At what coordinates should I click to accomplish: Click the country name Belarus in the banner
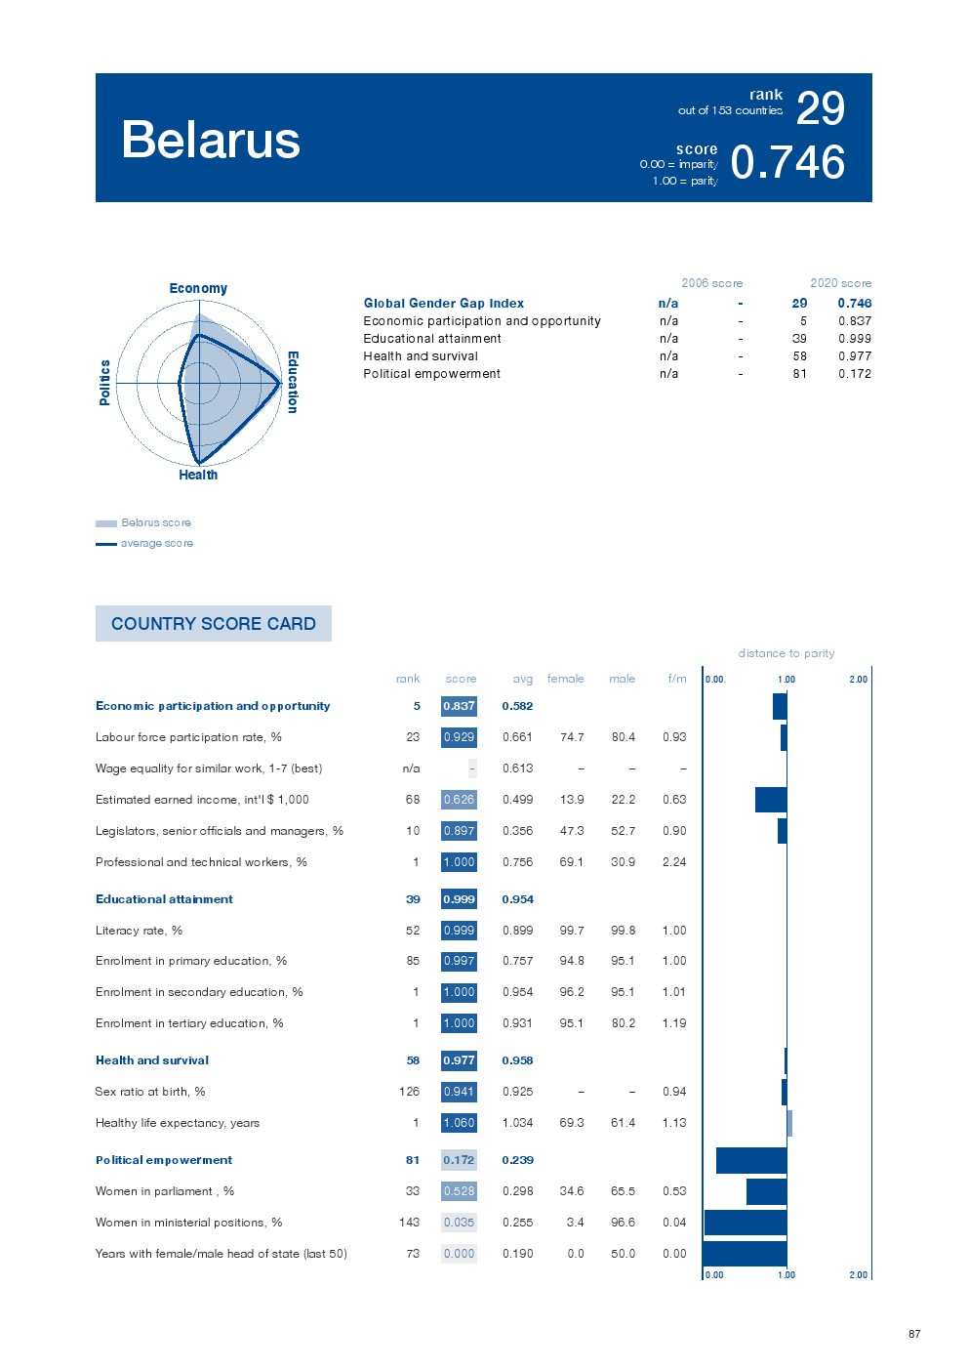click(x=211, y=140)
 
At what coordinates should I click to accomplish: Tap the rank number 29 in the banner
click(x=820, y=107)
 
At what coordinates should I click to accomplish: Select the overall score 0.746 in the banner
click(x=787, y=162)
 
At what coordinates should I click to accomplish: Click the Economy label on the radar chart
click(x=198, y=288)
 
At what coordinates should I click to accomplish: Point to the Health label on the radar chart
click(x=198, y=475)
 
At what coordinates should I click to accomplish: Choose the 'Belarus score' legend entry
click(x=155, y=522)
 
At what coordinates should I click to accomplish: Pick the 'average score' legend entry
click(x=156, y=543)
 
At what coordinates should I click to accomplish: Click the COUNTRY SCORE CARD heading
click(x=214, y=623)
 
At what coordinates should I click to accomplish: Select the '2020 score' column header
click(x=840, y=283)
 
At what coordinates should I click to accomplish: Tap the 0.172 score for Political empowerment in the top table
click(x=855, y=374)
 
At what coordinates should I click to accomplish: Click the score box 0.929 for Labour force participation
click(x=459, y=737)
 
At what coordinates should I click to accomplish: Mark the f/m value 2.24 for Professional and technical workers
click(x=674, y=862)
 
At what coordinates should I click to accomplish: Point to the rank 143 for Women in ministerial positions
click(x=409, y=1223)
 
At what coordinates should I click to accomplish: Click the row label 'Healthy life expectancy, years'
click(x=178, y=1123)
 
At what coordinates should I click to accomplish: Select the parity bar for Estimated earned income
click(x=771, y=800)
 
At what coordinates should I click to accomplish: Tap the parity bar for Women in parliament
click(x=766, y=1191)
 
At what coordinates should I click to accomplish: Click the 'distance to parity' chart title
click(x=786, y=653)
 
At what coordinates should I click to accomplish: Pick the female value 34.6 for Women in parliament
click(x=572, y=1191)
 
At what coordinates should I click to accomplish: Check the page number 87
click(x=914, y=1334)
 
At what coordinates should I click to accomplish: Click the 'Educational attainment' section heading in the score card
click(x=164, y=899)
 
